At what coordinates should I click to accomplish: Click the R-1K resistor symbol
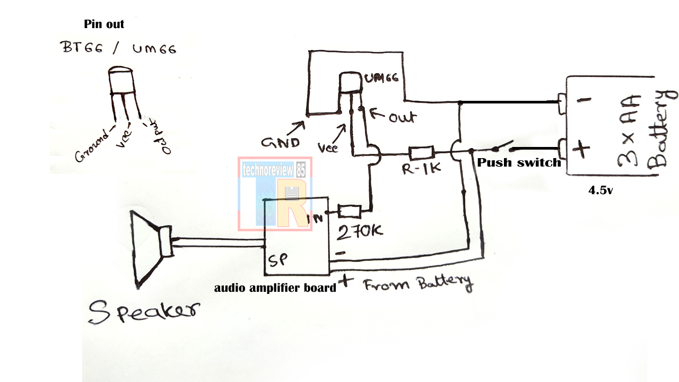click(422, 153)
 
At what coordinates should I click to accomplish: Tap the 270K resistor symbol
click(350, 212)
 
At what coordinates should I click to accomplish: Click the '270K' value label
click(360, 231)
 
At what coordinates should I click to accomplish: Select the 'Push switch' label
click(519, 163)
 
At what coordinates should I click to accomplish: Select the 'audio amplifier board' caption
click(275, 288)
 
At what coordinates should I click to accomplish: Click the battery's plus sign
click(581, 149)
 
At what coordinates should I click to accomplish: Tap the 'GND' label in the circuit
click(280, 142)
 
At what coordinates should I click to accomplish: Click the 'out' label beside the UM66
click(402, 117)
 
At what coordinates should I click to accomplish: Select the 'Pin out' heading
click(104, 24)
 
